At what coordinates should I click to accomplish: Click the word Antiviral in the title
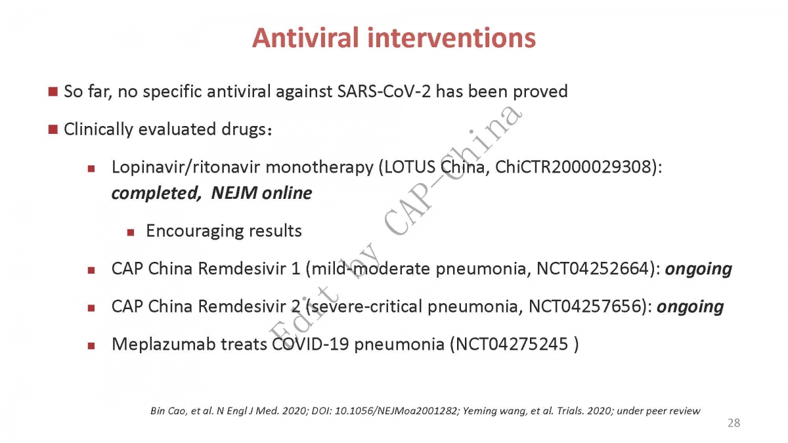306,37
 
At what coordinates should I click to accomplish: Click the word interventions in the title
452,37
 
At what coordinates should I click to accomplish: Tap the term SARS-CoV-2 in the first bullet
383,91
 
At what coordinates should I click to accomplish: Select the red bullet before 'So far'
53,92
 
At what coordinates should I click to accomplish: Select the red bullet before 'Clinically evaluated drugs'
53,129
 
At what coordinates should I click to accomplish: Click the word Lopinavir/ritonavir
186,167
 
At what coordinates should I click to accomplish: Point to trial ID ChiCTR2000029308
575,167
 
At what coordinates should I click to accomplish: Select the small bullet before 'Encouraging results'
131,232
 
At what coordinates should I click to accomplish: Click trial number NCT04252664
592,269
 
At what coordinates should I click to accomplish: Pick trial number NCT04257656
584,306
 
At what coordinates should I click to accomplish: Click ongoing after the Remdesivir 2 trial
690,307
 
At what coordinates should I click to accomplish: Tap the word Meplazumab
164,344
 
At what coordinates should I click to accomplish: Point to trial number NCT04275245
512,344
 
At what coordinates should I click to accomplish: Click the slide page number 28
734,423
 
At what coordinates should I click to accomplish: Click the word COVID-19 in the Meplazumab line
311,344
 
